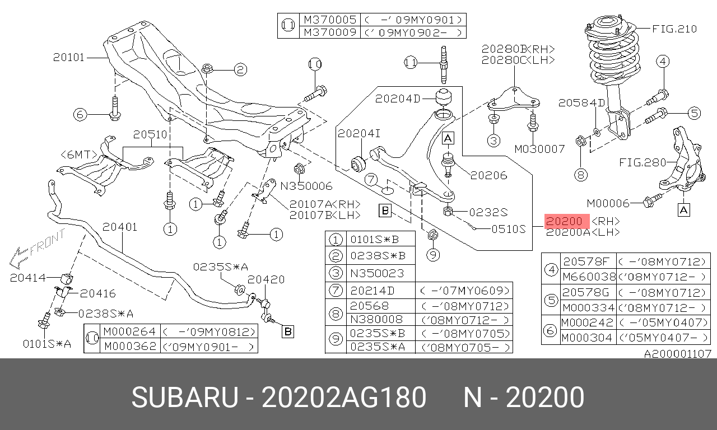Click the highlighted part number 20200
567,221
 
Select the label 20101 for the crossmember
69,57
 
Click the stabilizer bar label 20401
120,227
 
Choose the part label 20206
488,175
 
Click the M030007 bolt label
539,149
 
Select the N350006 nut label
306,186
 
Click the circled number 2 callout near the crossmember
240,70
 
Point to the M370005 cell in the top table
330,20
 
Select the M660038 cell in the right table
588,277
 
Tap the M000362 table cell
130,347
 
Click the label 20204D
397,99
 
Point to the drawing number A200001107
677,354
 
